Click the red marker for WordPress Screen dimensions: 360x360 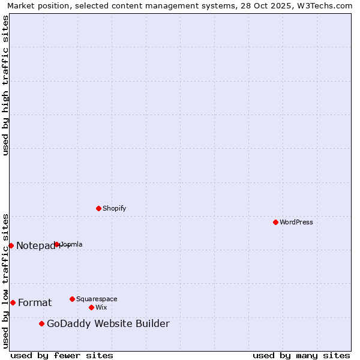pos(275,222)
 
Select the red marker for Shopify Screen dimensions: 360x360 pos(98,208)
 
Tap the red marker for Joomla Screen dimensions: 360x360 pos(57,244)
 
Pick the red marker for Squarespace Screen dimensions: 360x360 pos(72,299)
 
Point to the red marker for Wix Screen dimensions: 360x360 pos(91,307)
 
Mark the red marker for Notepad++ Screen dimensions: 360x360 pos(11,245)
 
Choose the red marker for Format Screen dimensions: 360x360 pos(13,302)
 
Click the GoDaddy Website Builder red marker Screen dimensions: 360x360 pos(41,324)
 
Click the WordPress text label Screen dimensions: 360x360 pos(296,222)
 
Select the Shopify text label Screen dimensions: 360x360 pos(114,208)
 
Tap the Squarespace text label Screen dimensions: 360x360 pos(97,299)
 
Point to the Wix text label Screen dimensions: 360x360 pos(101,307)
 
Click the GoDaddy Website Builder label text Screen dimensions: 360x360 pos(108,324)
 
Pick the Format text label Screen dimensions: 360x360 pos(35,302)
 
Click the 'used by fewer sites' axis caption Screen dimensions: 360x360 pos(62,355)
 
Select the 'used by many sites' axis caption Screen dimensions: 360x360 pos(301,355)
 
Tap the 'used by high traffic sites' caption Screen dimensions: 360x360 pos(5,85)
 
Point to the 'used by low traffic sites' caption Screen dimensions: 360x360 pos(5,280)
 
